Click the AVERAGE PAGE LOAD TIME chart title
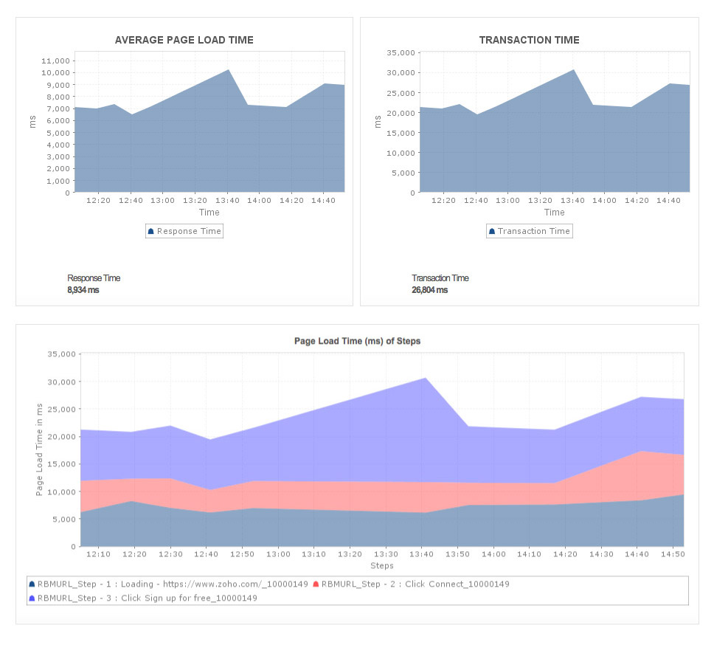(184, 41)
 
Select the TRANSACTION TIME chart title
(529, 41)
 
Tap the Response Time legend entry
(184, 231)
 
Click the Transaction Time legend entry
(529, 231)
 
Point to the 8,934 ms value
(83, 290)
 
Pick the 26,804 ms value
(429, 290)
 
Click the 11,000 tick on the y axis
(55, 61)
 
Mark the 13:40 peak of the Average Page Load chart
(228, 70)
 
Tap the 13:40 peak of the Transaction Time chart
(573, 70)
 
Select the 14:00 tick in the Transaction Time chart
(604, 200)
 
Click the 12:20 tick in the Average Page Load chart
(98, 200)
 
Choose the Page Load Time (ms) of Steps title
(357, 342)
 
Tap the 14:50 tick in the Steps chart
(673, 554)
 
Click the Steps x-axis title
(381, 566)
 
